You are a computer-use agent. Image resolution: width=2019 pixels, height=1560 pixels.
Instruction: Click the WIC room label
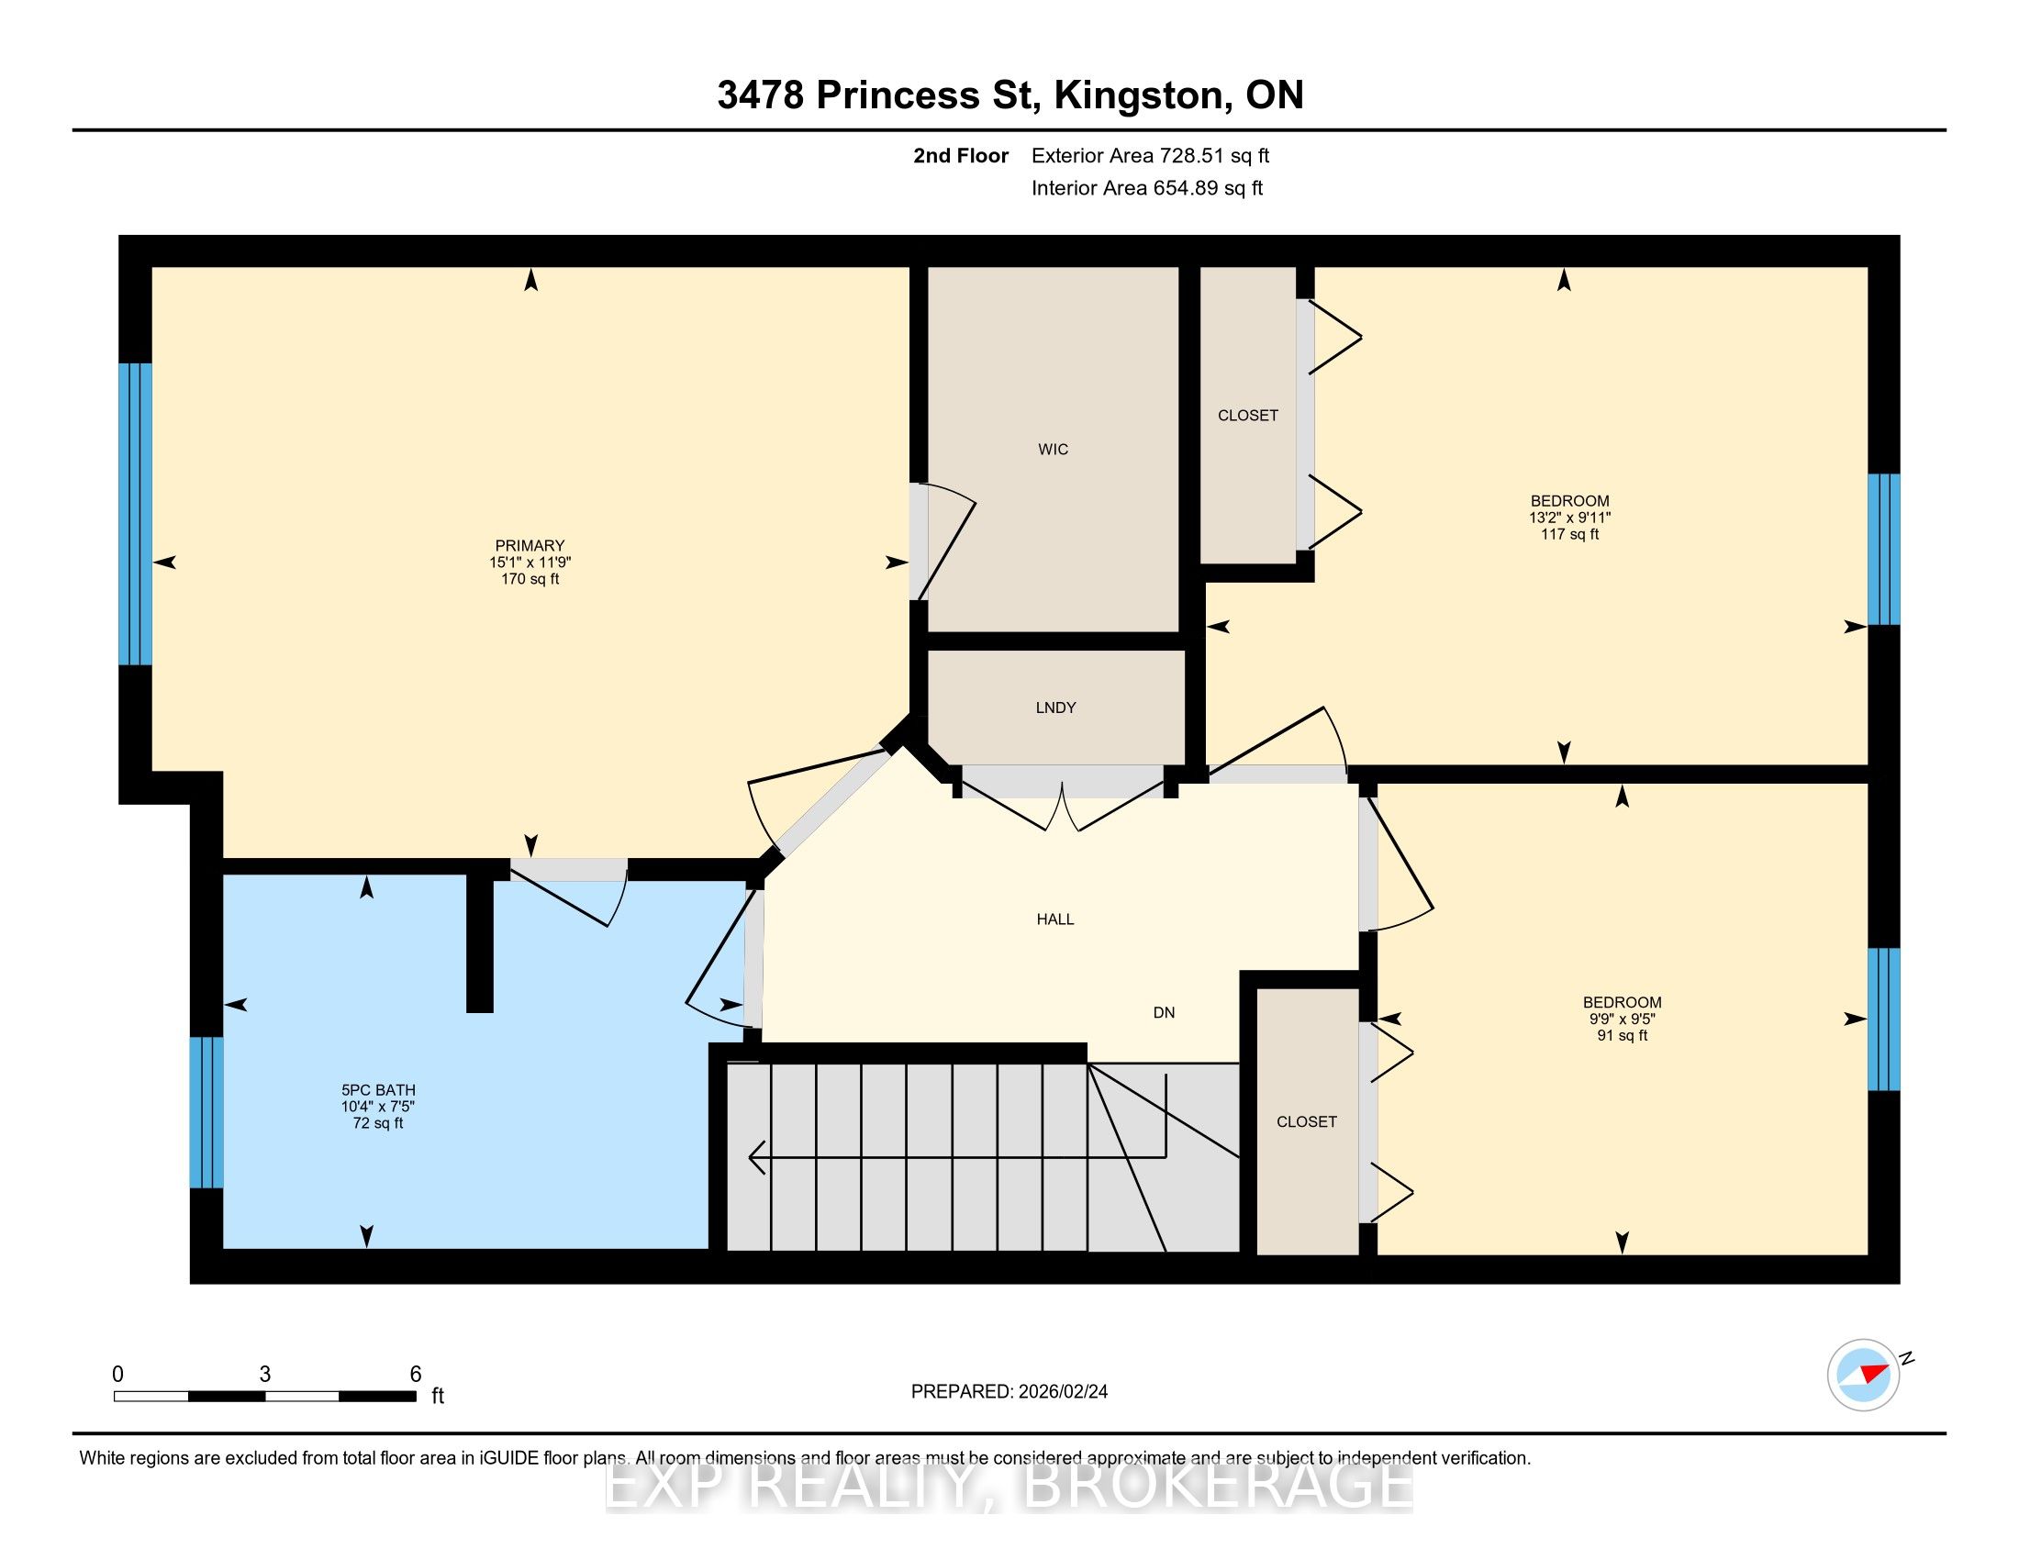(x=1053, y=449)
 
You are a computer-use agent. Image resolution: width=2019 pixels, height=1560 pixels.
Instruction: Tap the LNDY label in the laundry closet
(x=1055, y=707)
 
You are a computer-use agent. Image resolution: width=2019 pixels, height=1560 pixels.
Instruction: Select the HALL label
(x=1054, y=919)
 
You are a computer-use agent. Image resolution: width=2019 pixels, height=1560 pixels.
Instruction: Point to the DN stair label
(x=1164, y=1012)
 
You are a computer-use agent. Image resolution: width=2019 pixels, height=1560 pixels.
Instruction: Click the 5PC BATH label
(x=378, y=1089)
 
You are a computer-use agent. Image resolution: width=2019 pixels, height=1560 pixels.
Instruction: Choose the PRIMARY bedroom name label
(x=530, y=545)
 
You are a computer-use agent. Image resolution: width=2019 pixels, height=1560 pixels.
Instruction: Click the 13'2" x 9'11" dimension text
(x=1569, y=518)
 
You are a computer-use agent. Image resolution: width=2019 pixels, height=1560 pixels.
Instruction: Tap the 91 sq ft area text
(x=1623, y=1035)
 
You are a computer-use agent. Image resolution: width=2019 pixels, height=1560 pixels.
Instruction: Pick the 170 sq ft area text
(x=530, y=578)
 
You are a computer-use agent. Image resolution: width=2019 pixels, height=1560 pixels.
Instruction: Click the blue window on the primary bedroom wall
(x=135, y=514)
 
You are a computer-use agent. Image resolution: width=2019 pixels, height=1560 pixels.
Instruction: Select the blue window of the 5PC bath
(x=206, y=1112)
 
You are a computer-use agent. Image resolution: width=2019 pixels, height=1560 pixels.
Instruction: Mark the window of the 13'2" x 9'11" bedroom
(x=1884, y=550)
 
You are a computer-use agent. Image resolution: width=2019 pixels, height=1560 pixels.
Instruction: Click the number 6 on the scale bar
(x=416, y=1374)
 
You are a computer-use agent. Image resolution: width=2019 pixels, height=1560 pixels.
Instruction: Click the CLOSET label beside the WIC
(x=1248, y=415)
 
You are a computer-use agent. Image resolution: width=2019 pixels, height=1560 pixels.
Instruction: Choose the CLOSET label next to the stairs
(x=1306, y=1121)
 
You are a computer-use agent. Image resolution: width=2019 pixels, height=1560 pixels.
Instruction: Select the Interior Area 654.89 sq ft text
(x=1147, y=187)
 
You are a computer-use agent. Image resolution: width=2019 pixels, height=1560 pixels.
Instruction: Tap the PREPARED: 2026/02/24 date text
(x=1009, y=1391)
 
